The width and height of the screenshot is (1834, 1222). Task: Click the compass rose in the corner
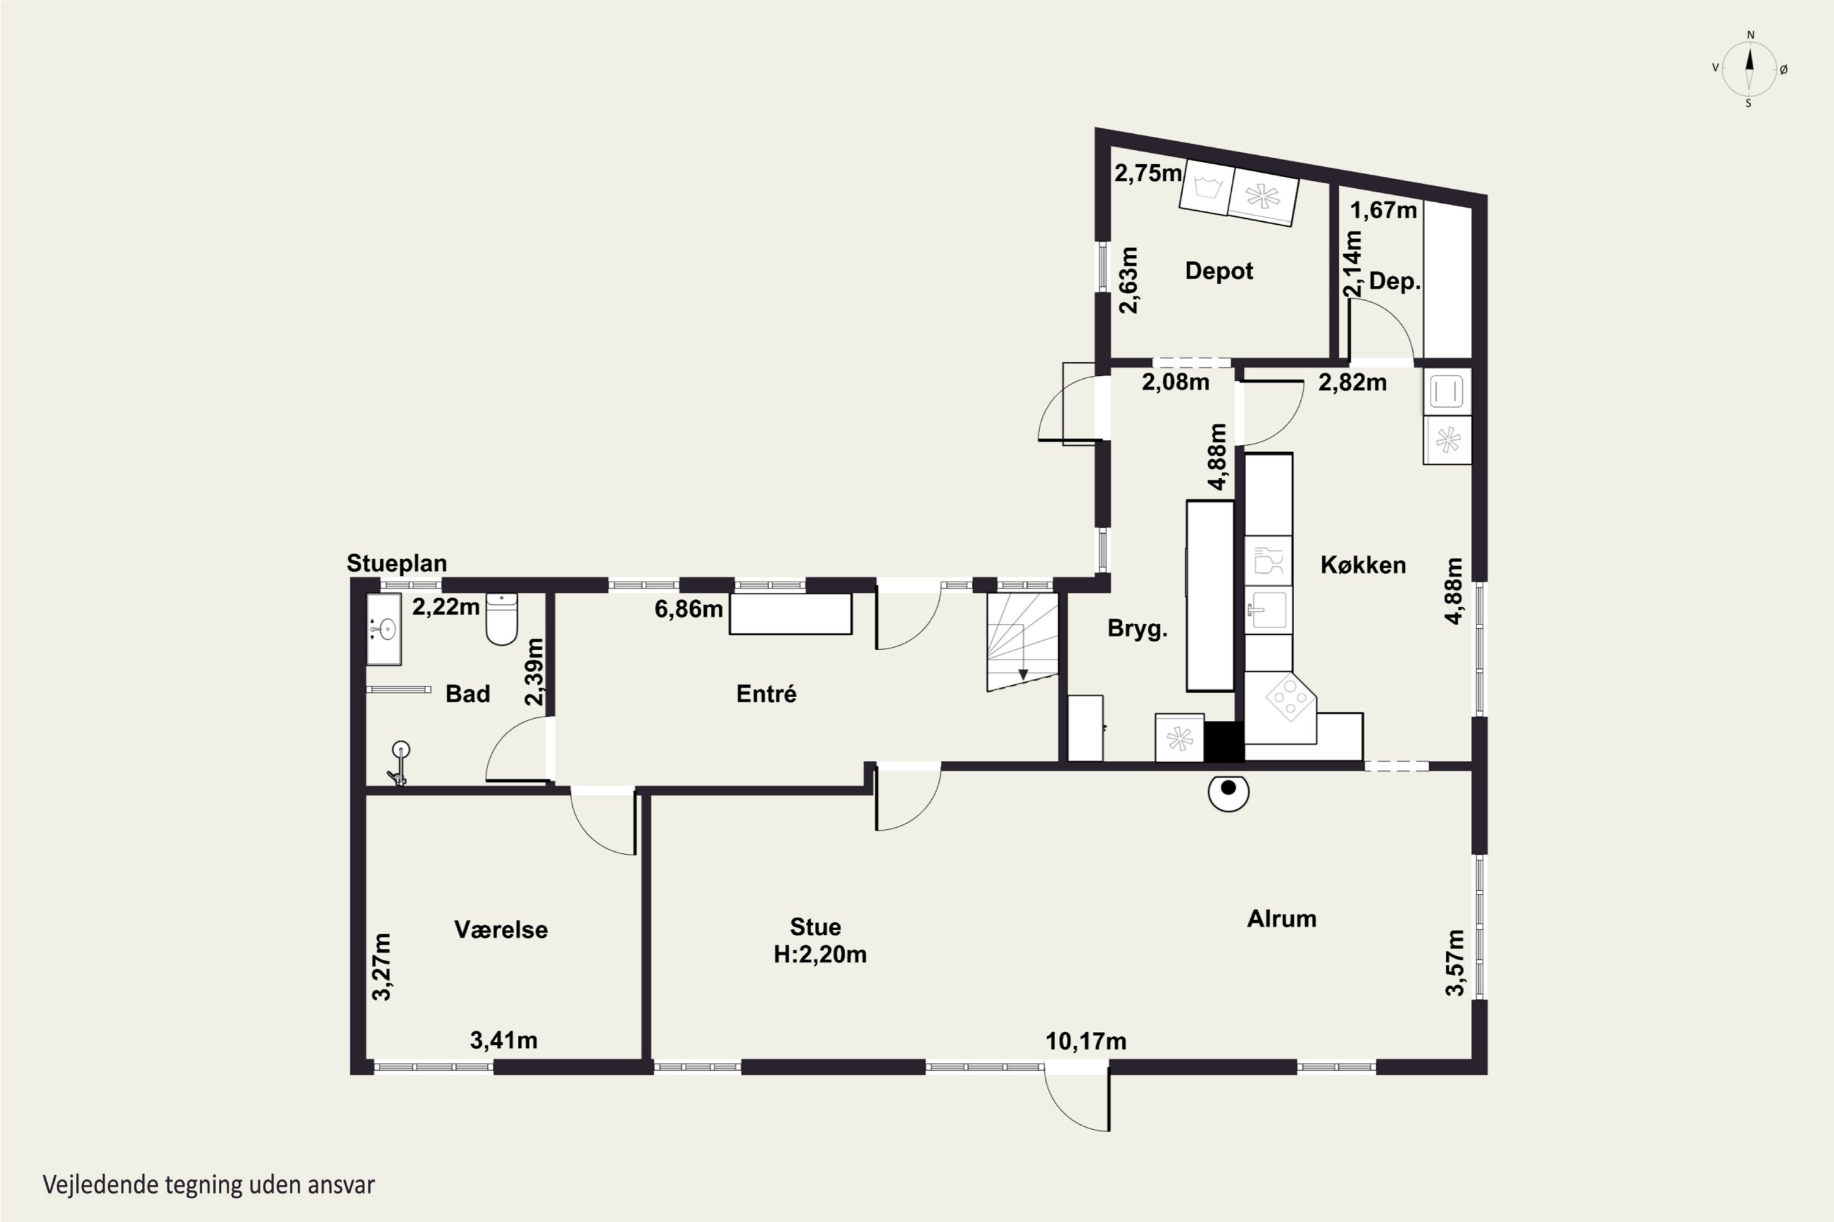click(x=1749, y=68)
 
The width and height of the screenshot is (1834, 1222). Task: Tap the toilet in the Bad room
click(x=501, y=620)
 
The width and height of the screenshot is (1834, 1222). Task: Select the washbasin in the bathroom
click(x=384, y=629)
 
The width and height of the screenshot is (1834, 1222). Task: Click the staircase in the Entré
click(x=1022, y=642)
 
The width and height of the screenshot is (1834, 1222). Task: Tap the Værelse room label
click(x=501, y=930)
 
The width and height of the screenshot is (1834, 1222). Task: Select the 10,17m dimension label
click(x=1086, y=1041)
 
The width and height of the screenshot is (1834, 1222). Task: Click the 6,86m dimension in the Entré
click(x=688, y=609)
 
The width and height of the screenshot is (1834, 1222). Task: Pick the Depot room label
click(x=1219, y=271)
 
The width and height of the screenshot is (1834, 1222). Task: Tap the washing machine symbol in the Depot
click(x=1206, y=187)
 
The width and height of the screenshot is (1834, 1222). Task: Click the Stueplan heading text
click(x=397, y=563)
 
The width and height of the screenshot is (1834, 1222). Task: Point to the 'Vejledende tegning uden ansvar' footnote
click(x=209, y=1185)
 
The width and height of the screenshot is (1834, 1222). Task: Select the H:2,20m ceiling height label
click(x=820, y=954)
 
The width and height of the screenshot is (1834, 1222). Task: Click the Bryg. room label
click(x=1138, y=629)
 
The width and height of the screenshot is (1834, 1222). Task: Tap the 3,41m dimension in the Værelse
click(x=503, y=1041)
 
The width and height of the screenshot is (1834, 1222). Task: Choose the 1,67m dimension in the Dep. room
click(x=1383, y=210)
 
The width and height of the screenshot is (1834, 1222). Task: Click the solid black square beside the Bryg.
click(x=1225, y=741)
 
